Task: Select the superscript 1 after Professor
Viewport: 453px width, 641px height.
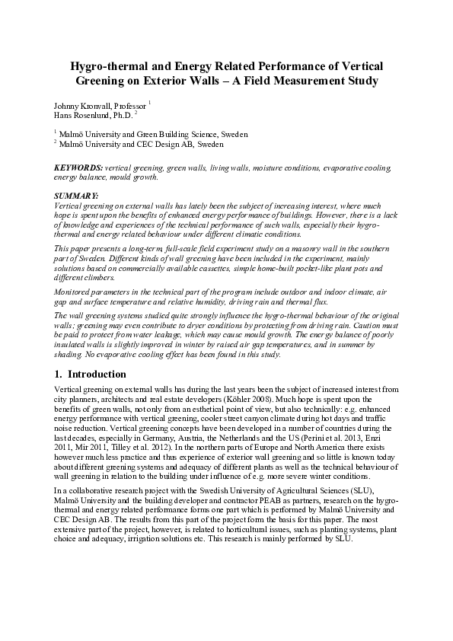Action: pyautogui.click(x=150, y=101)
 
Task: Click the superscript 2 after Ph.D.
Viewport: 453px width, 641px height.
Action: pyautogui.click(x=136, y=111)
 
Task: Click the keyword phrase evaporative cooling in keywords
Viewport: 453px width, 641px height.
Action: pyautogui.click(x=357, y=166)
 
